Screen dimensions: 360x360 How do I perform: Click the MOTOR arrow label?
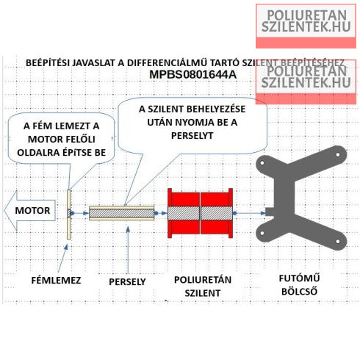[x=32, y=210]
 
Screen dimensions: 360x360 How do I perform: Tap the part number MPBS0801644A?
[x=193, y=75]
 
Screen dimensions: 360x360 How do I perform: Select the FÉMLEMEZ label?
[x=56, y=280]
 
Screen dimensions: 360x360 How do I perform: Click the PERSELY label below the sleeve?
[x=127, y=281]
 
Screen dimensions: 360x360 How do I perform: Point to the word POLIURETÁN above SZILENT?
[x=203, y=280]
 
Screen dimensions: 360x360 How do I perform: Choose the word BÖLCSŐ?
[x=299, y=292]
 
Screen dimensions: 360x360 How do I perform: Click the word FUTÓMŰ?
[x=299, y=278]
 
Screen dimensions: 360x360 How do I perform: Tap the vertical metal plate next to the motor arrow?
[x=69, y=214]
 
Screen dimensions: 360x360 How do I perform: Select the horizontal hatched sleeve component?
[x=121, y=213]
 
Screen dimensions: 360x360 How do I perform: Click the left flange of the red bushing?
[x=170, y=213]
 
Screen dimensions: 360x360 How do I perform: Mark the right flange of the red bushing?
[x=231, y=213]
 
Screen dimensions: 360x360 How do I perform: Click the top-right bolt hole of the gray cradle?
[x=338, y=155]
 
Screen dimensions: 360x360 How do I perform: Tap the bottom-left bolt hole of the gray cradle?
[x=262, y=233]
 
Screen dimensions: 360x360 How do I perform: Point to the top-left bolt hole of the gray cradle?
[x=262, y=163]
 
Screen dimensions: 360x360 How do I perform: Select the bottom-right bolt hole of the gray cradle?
[x=338, y=242]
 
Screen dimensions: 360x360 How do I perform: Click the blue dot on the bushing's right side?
[x=234, y=213]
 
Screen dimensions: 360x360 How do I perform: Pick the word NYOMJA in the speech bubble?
[x=192, y=122]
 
